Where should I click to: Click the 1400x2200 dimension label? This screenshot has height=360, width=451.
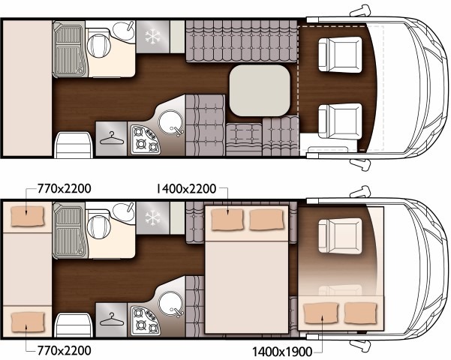186,189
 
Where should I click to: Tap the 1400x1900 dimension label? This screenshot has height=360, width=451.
282,351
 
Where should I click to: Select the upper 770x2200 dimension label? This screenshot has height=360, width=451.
64,189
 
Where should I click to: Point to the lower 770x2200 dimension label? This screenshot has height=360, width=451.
64,350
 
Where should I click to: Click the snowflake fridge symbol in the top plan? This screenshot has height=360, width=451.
152,37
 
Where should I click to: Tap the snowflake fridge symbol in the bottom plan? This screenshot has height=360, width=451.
152,217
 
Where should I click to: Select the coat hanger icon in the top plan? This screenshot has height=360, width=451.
112,138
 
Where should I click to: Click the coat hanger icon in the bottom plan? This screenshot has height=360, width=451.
112,319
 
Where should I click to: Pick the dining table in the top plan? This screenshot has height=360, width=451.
260,91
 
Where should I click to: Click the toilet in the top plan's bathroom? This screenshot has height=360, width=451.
98,45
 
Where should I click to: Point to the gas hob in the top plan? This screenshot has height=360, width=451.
146,139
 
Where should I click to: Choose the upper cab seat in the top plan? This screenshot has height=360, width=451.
340,54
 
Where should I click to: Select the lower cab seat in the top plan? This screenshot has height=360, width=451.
340,121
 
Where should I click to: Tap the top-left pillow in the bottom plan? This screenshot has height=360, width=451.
28,216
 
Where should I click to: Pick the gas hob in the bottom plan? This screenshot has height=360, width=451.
146,320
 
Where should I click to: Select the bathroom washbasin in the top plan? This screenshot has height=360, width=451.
124,31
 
